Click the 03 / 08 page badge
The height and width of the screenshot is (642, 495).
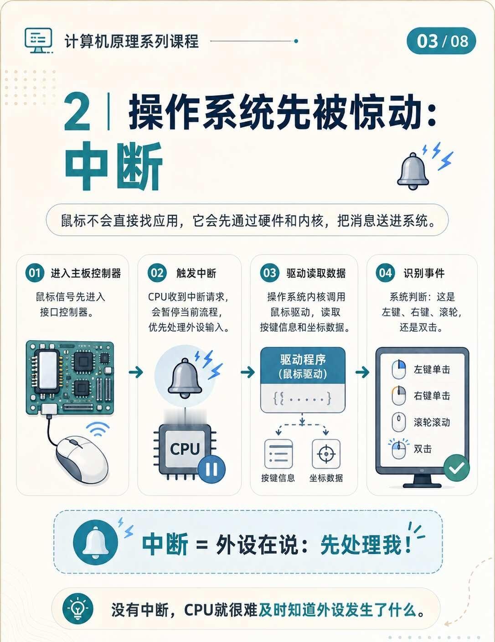coord(441,41)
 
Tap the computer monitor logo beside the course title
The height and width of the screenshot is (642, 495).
coord(39,41)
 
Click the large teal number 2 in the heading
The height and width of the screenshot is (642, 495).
coord(77,112)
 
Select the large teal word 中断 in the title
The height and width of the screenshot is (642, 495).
coord(113,166)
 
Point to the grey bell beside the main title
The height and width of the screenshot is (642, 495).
coord(413,171)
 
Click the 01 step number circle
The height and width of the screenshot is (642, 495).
coord(35,273)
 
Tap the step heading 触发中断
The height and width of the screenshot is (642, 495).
coord(196,273)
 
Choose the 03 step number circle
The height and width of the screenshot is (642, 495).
coord(269,273)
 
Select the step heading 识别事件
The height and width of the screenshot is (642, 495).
coord(424,273)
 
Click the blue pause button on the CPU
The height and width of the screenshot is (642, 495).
coord(211,469)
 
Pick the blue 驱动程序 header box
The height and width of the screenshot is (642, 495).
coord(303,366)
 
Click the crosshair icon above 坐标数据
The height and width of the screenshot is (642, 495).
coord(326,454)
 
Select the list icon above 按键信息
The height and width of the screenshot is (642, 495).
coord(278,454)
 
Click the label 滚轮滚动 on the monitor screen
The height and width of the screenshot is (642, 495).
coord(432,422)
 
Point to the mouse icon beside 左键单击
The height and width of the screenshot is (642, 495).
coord(398,369)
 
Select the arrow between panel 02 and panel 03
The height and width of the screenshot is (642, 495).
coord(247,372)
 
